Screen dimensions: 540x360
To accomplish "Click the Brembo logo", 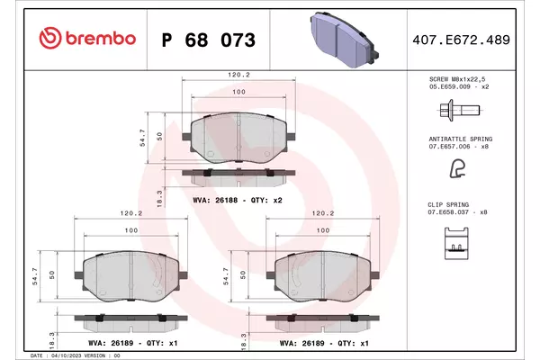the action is (x=87, y=38).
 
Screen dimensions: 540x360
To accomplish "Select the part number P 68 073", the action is (x=209, y=40).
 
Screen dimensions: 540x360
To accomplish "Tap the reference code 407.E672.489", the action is (x=461, y=40).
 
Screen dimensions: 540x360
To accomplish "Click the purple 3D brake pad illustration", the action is (x=344, y=39).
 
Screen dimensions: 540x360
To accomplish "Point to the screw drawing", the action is (x=460, y=110).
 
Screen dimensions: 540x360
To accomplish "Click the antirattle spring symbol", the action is (x=458, y=169).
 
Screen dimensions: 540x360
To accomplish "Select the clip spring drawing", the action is (x=456, y=243).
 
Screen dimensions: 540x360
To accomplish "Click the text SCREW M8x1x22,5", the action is (x=457, y=79).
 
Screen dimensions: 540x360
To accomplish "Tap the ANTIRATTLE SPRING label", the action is (x=461, y=139).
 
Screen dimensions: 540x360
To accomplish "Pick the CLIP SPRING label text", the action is (x=448, y=204).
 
